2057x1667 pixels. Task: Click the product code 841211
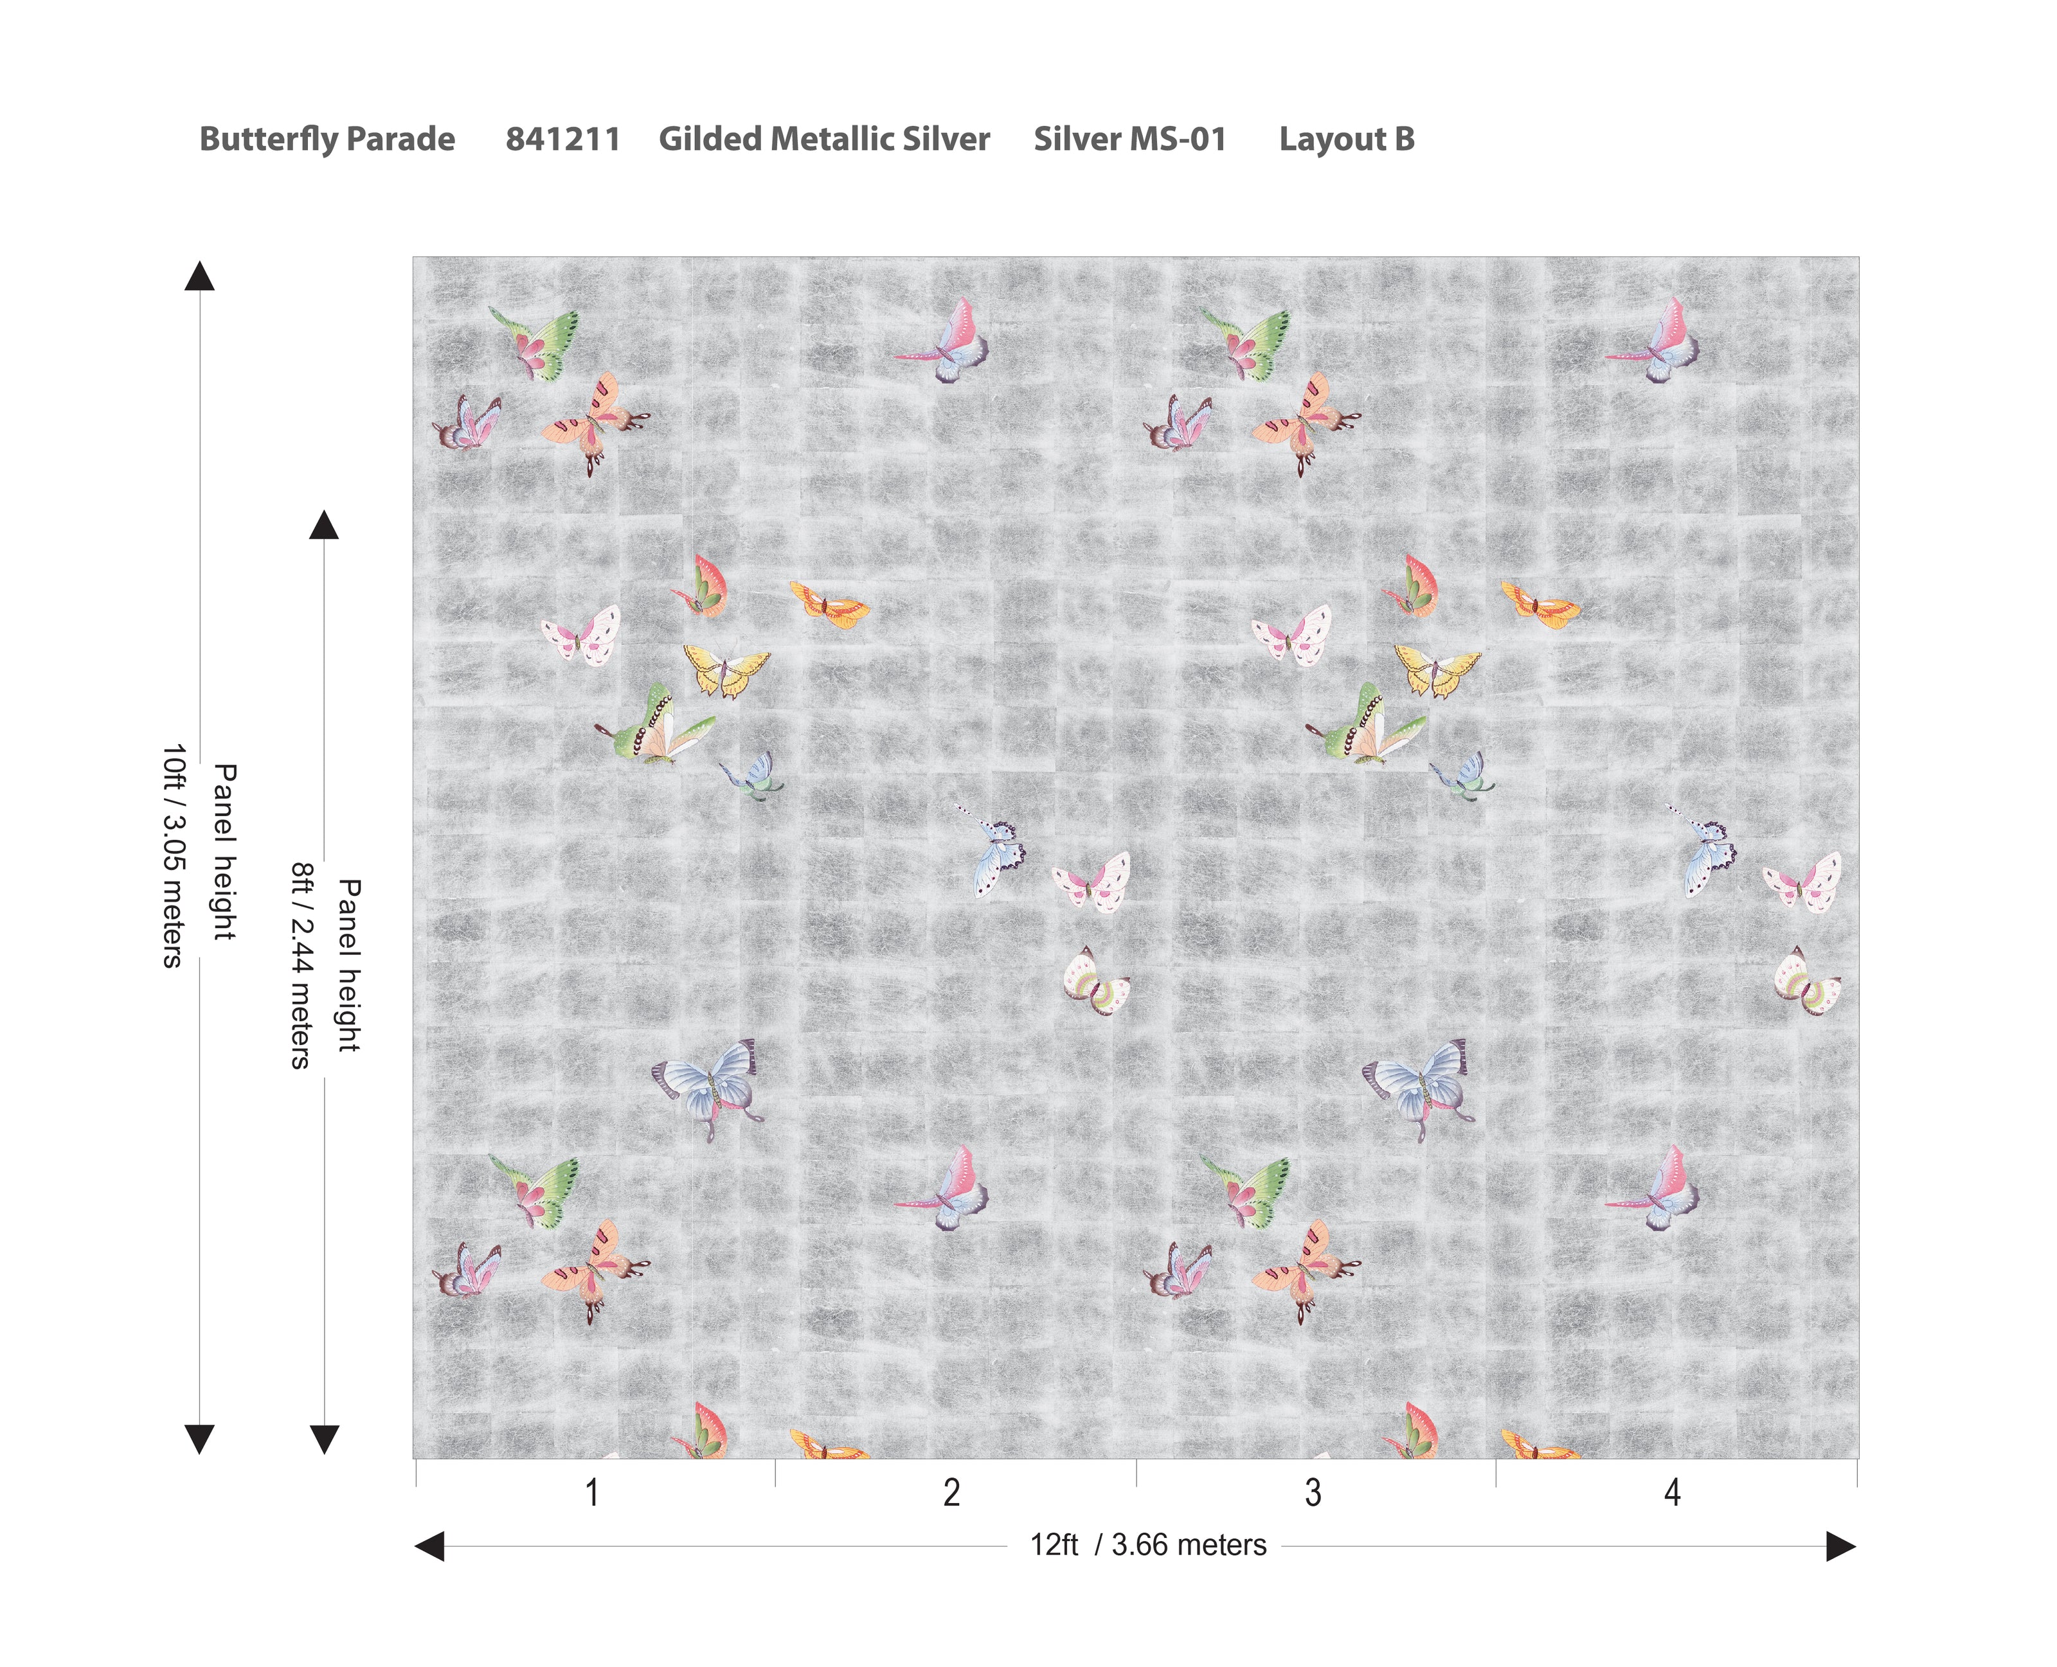tap(562, 139)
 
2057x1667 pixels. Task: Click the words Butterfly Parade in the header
tap(327, 139)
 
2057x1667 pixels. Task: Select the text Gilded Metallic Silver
tap(824, 139)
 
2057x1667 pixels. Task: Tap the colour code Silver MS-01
tap(1129, 139)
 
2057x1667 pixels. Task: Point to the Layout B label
tap(1346, 139)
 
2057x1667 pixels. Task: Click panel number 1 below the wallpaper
tap(593, 1492)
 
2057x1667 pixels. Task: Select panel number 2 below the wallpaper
tap(951, 1492)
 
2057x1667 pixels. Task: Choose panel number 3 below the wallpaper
tap(1313, 1492)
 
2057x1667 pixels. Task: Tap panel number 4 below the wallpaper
tap(1672, 1492)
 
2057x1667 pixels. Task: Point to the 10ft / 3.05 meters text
tap(173, 855)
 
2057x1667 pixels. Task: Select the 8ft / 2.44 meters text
tap(301, 965)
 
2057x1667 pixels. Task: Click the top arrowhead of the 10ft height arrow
tap(200, 276)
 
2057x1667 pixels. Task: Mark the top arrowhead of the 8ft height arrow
tap(325, 525)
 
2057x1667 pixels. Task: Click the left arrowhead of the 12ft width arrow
tap(429, 1546)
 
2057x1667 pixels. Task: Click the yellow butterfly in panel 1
tap(725, 669)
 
